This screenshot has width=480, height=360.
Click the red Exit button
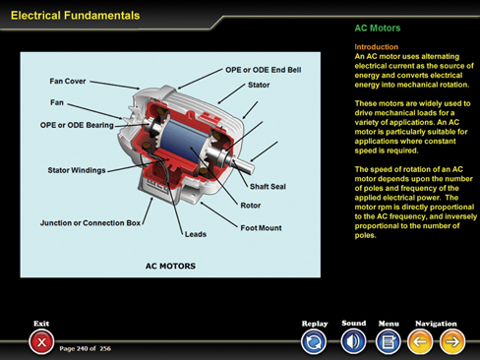(41, 342)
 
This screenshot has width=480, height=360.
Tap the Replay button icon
(314, 342)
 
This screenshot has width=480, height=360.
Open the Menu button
(389, 342)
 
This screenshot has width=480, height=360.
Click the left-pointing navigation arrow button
(420, 342)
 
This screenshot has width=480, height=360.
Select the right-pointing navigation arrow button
(452, 342)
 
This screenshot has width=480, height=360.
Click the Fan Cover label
(68, 81)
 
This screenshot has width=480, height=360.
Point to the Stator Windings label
(77, 170)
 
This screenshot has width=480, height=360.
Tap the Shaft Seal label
(268, 187)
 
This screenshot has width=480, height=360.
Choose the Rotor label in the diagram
(251, 206)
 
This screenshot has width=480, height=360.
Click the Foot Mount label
(261, 228)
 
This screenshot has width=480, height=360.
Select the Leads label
(196, 234)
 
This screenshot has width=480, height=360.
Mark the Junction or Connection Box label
(90, 223)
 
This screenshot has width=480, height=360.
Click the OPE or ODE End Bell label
(264, 70)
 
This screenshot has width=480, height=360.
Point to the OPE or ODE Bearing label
(77, 125)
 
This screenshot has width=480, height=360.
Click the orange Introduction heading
(377, 47)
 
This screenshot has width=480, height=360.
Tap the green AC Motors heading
(378, 29)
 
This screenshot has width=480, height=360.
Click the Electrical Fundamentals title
(75, 16)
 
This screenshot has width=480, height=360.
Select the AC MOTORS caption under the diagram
(170, 266)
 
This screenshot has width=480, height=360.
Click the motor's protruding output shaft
(243, 164)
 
